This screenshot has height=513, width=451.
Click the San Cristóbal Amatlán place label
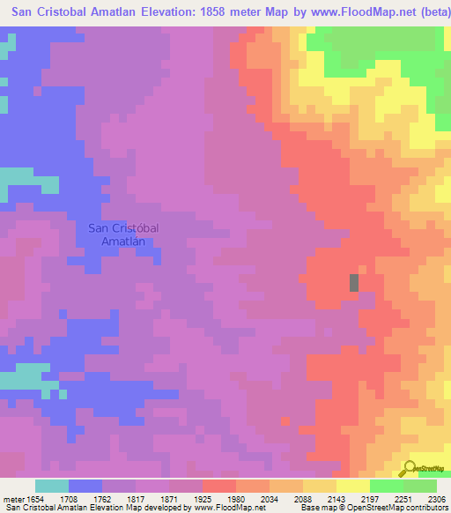tap(123, 234)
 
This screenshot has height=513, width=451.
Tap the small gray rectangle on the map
tap(354, 283)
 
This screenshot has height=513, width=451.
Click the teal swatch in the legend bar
tap(52, 486)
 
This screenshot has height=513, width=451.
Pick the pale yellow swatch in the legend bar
tap(352, 486)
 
